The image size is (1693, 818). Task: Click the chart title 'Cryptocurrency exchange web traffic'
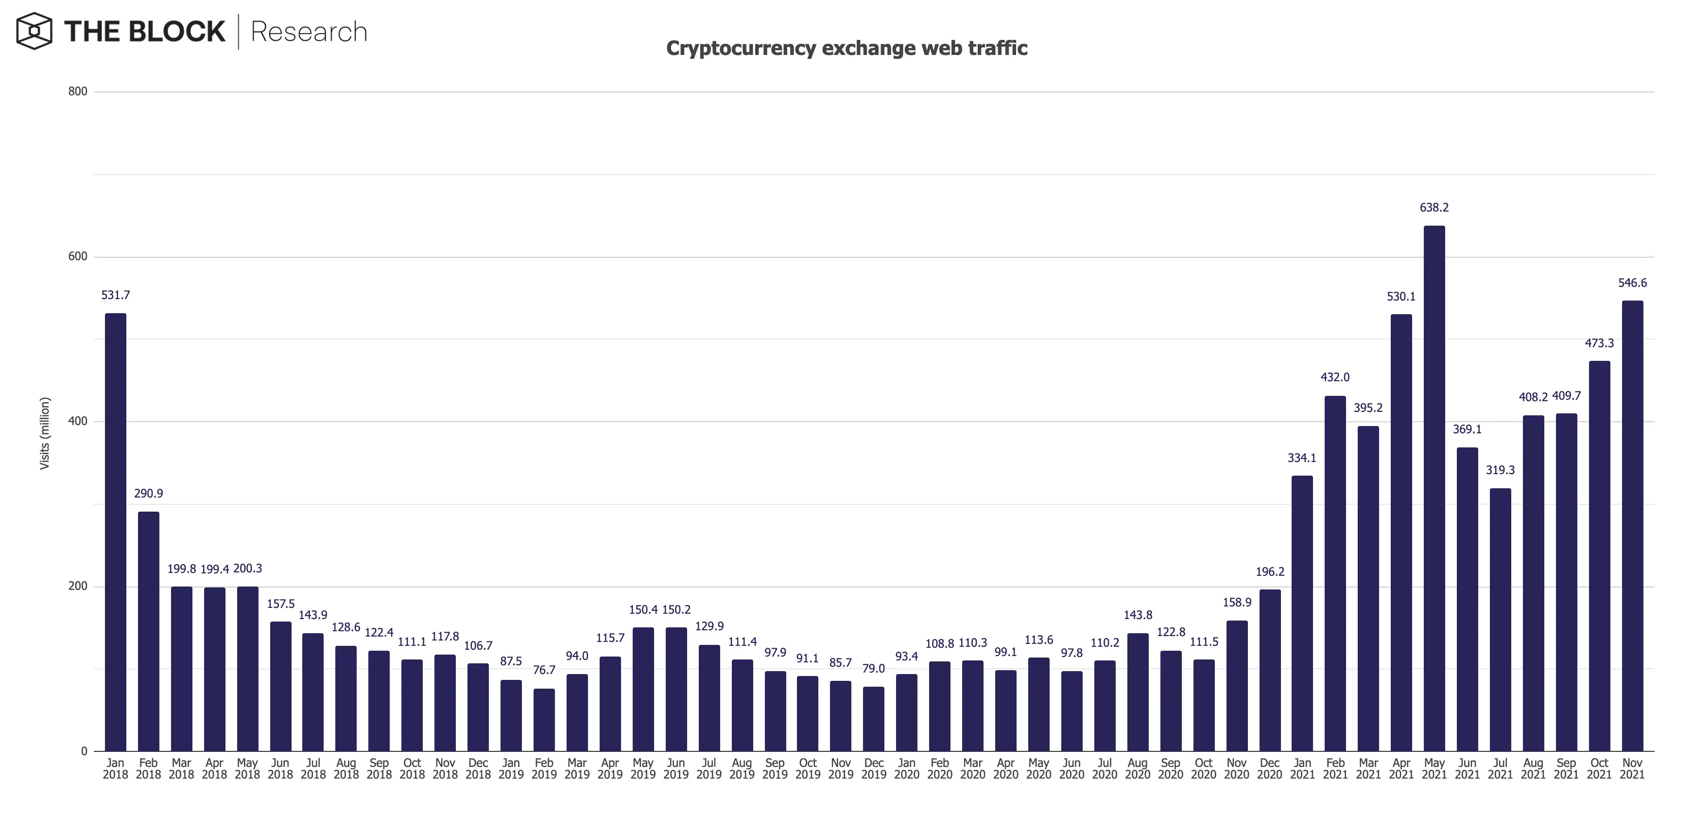coord(846,48)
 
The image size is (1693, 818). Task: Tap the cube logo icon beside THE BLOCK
coord(34,31)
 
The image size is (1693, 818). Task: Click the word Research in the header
coord(308,32)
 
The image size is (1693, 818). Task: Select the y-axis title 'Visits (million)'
coord(45,433)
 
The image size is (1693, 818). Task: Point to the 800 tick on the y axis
coord(78,91)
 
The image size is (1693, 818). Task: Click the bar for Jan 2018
coord(116,532)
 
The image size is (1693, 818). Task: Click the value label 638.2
coord(1434,208)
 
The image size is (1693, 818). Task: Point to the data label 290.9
coord(149,493)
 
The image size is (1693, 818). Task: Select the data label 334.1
coord(1302,458)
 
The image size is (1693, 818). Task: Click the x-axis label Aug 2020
coord(1138,768)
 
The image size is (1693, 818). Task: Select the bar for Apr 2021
coord(1401,532)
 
